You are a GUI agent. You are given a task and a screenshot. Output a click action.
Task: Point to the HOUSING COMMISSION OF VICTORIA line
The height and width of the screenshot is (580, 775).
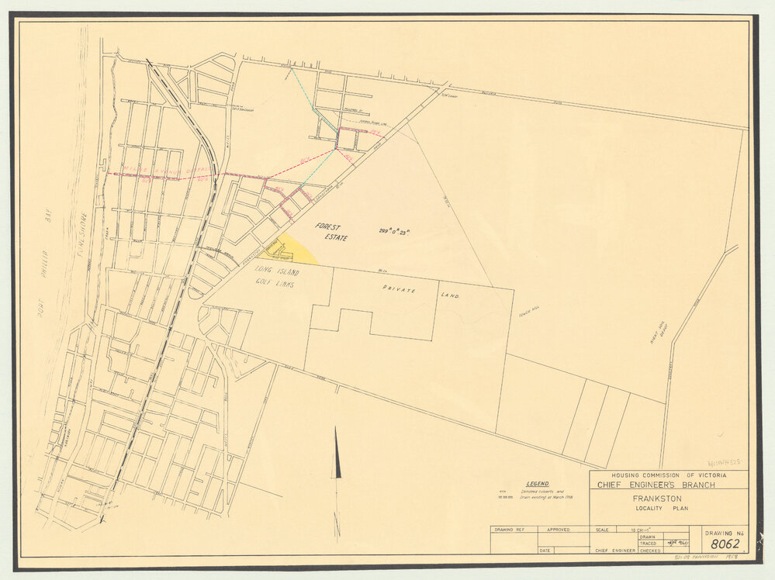tap(669, 475)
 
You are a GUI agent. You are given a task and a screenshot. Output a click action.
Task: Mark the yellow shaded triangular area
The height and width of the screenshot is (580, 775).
tap(293, 250)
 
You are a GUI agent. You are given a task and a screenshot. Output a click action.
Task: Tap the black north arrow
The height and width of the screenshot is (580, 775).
tap(337, 457)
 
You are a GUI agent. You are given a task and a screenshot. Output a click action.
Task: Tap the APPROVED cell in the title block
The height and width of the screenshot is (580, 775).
tap(557, 530)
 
